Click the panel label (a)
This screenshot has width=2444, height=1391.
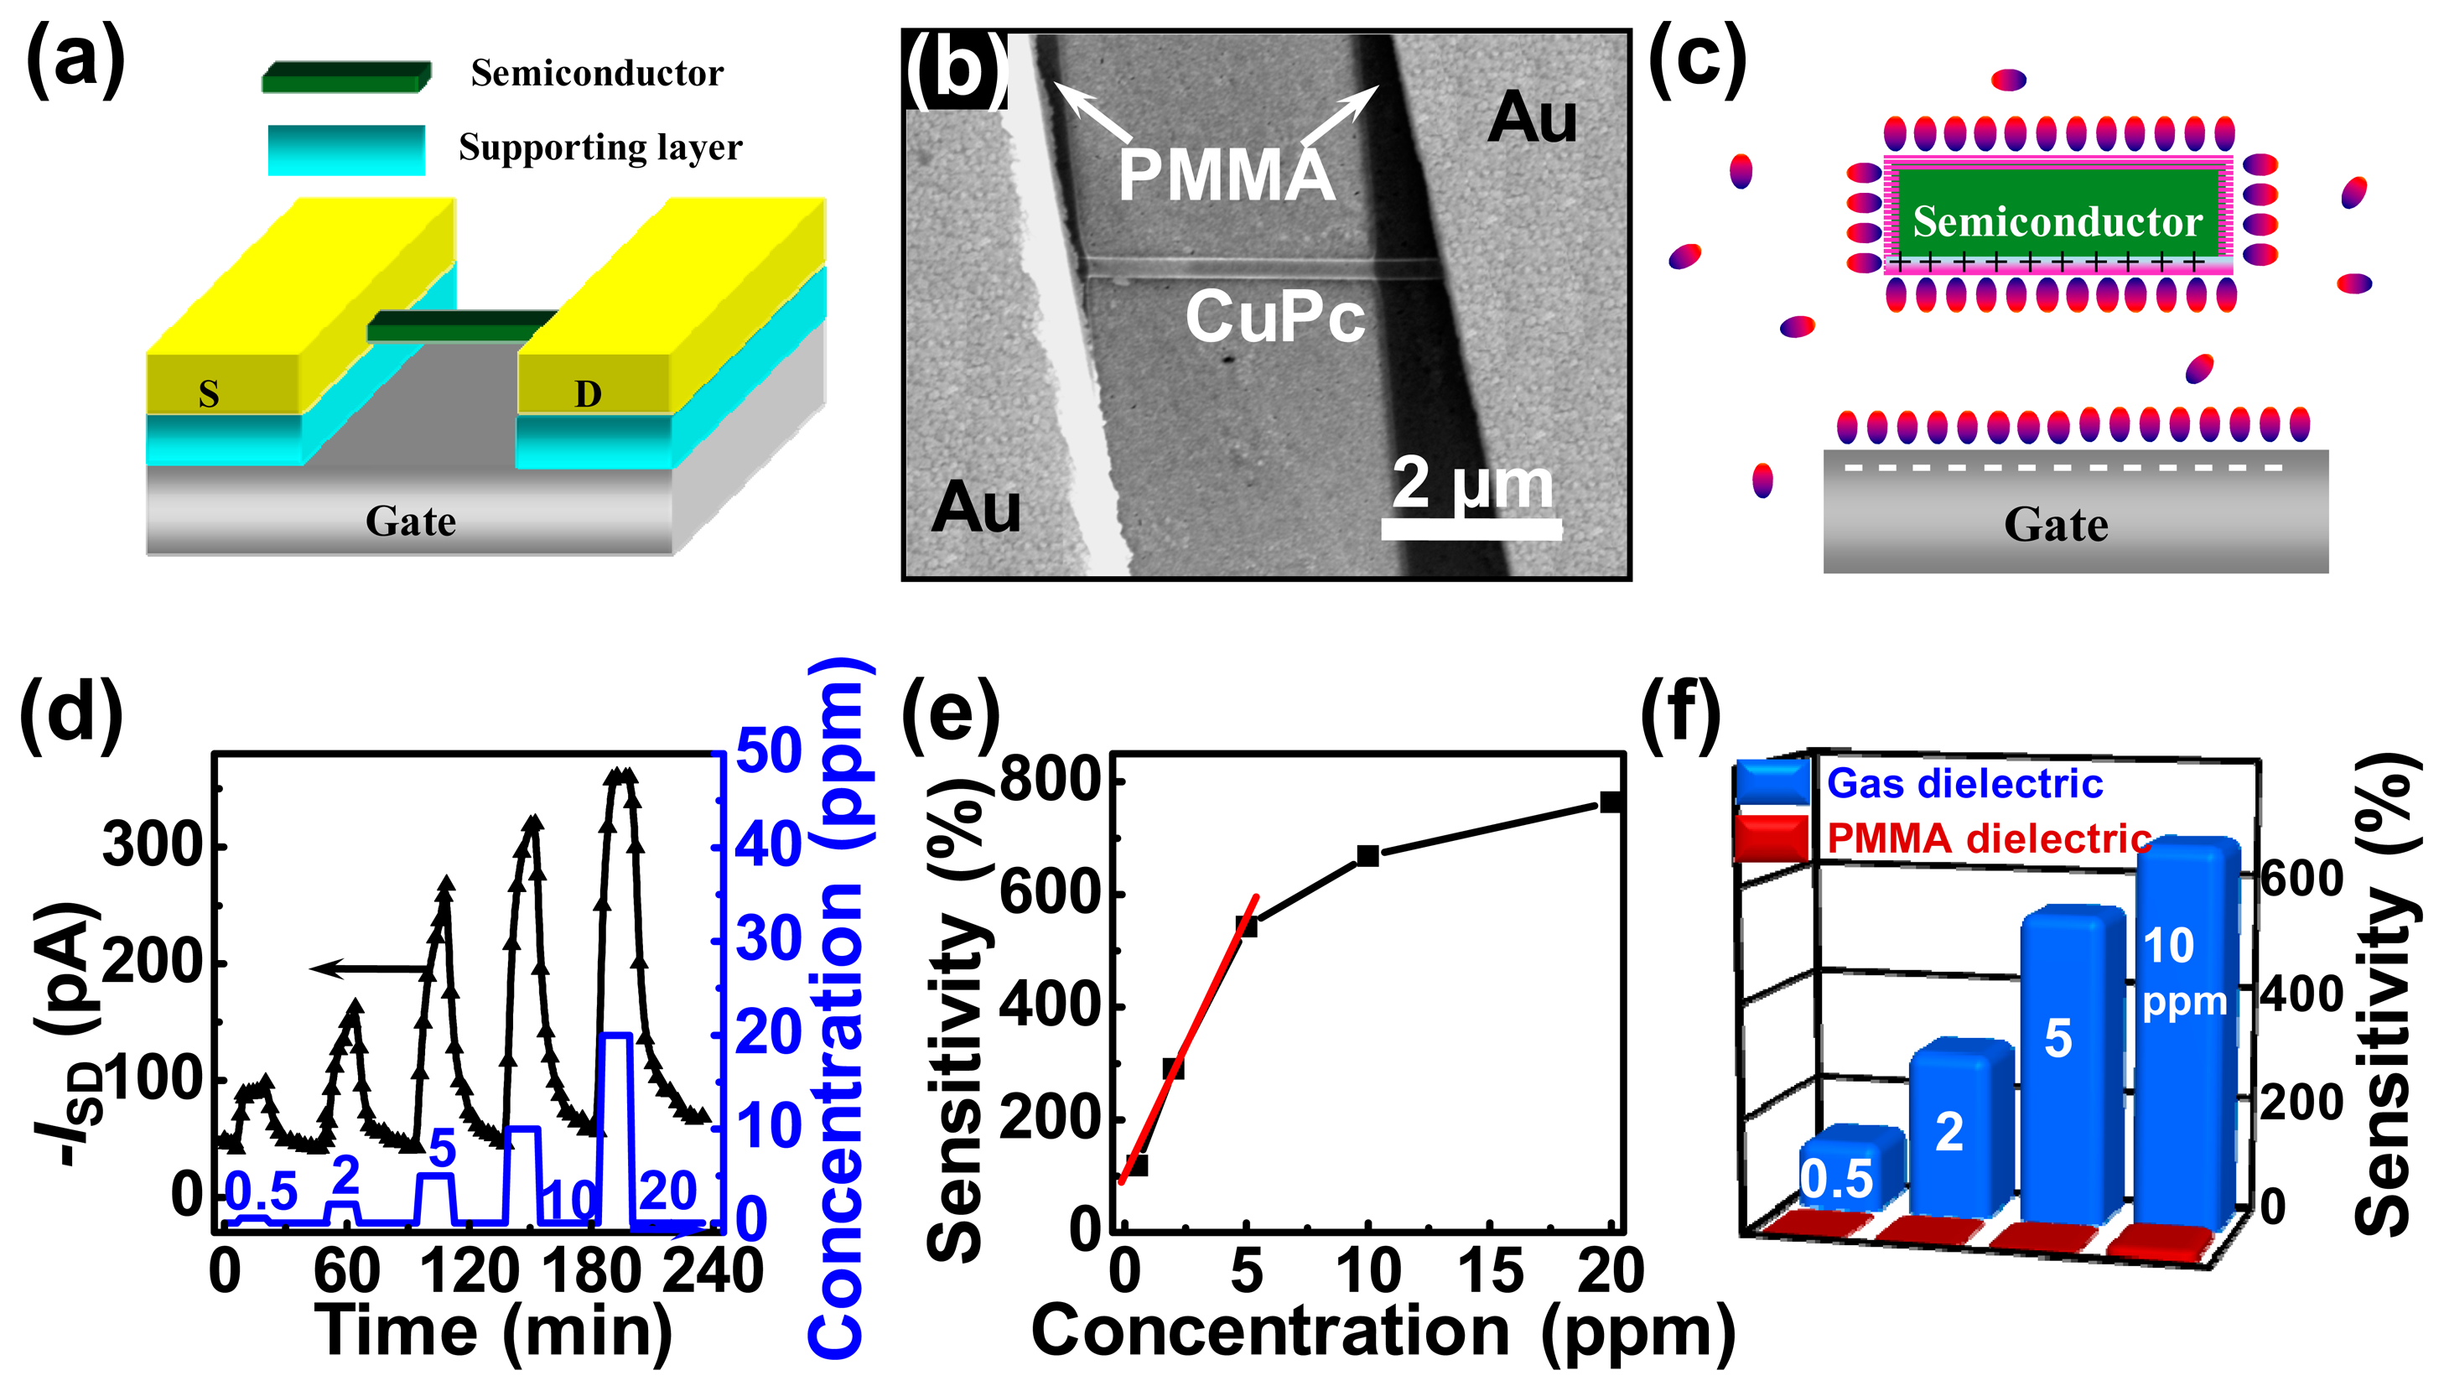tap(75, 62)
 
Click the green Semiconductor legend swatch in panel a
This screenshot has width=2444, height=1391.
tap(345, 76)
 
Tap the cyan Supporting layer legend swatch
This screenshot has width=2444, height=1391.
tap(345, 150)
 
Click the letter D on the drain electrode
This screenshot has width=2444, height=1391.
tap(588, 393)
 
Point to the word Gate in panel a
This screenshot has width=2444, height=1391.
tap(411, 522)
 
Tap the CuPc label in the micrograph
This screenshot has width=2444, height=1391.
tap(1275, 317)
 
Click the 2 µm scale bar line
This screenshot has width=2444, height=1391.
tap(1471, 528)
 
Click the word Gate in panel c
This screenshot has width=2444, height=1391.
tap(2055, 525)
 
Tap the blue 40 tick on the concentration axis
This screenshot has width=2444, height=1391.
tap(768, 845)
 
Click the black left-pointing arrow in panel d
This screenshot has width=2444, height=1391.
tap(368, 968)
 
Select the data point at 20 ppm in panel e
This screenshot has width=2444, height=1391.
tap(1611, 802)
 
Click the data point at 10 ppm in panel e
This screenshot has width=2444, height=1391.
tap(1367, 856)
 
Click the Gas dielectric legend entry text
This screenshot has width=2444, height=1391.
tap(1964, 783)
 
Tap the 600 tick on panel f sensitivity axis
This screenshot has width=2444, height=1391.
tap(2301, 877)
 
